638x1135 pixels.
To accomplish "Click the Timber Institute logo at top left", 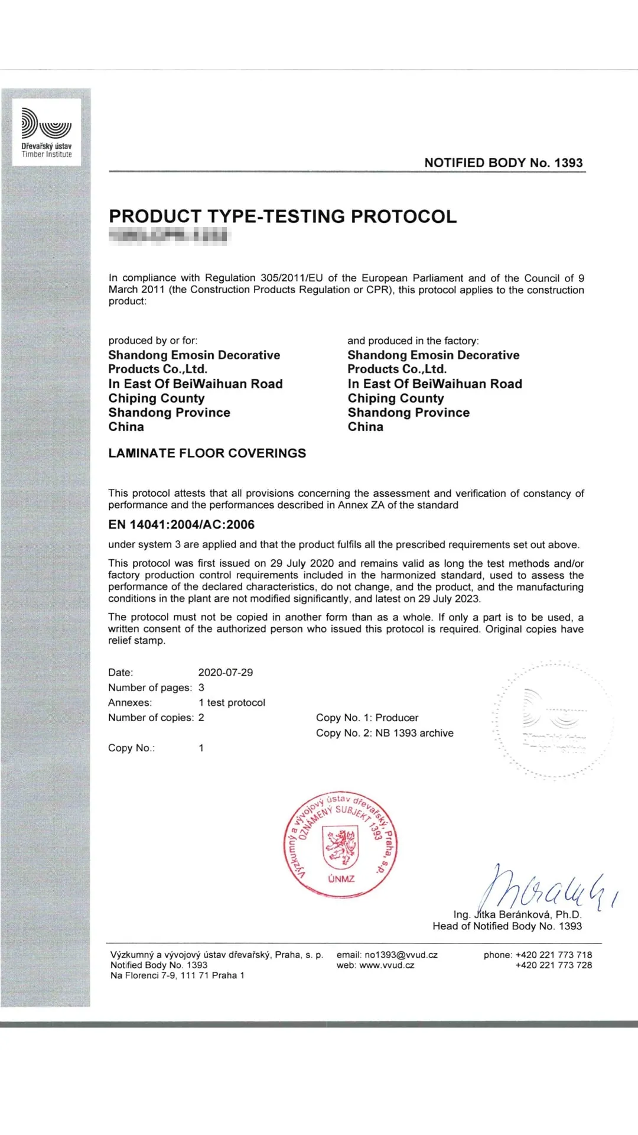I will (x=47, y=132).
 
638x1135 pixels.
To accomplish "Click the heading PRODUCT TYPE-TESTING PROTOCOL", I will (x=282, y=216).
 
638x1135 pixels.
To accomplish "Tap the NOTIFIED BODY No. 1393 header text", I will (x=503, y=163).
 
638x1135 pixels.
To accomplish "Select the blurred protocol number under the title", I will (x=168, y=236).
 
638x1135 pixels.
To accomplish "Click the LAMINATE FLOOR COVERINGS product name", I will (x=207, y=453).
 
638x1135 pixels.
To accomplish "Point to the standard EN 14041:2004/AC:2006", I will (x=181, y=524).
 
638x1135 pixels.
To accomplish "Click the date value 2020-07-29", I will (x=225, y=673).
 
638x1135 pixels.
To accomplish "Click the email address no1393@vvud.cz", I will (x=401, y=955).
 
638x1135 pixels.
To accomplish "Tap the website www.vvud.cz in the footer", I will (x=386, y=965).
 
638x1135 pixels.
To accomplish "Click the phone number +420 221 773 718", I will (x=553, y=955).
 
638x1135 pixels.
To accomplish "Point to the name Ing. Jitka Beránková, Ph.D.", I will (x=517, y=915).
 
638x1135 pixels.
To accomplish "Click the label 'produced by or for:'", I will (x=153, y=340).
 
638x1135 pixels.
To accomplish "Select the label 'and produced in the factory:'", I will (x=413, y=340).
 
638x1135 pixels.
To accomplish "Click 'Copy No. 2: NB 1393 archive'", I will (x=385, y=733).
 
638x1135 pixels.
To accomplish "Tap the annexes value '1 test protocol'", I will (x=232, y=703).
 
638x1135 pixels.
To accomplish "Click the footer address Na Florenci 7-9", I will (x=177, y=975).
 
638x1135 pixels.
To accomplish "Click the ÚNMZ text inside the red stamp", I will (x=341, y=879).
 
